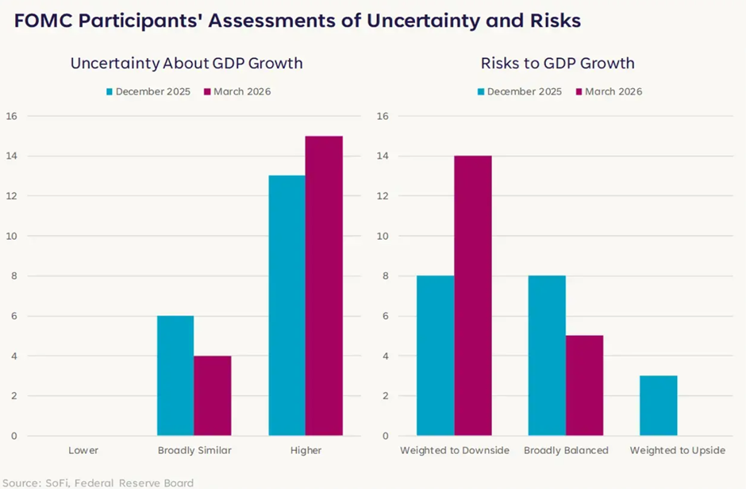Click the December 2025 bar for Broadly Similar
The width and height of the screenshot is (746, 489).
175,375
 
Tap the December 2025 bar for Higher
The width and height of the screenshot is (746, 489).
286,306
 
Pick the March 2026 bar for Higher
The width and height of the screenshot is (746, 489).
324,286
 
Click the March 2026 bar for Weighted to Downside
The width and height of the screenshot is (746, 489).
473,295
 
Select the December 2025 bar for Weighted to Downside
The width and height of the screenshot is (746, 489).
436,356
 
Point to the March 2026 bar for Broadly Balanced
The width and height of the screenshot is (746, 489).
584,386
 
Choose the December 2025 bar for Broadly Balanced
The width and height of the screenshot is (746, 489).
547,356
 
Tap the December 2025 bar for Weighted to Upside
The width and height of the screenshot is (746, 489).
659,406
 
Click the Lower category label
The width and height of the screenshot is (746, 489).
83,451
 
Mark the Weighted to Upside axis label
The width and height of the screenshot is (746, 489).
677,451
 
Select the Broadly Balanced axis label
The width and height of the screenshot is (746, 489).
566,451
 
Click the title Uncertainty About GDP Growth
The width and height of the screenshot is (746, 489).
186,64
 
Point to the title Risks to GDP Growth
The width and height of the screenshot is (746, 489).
557,64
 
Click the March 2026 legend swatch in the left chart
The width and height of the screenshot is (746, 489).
207,92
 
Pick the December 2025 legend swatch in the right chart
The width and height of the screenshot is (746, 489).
481,92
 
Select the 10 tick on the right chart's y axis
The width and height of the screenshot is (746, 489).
383,236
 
